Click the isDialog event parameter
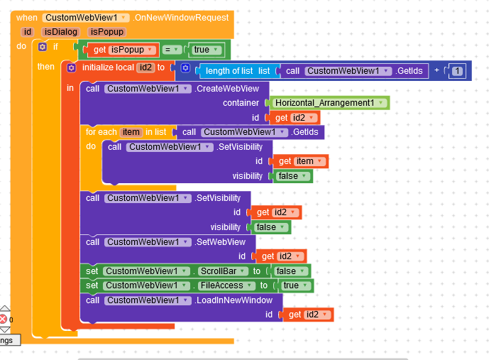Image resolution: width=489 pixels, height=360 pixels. coord(60,31)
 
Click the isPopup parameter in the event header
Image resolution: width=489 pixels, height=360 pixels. coord(106,31)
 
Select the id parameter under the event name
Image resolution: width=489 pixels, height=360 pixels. coord(28,31)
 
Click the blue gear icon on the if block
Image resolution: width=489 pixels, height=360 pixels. coord(42,47)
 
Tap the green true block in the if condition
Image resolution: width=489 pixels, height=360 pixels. coord(204,50)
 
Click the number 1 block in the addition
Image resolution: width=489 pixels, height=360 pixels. coord(458,70)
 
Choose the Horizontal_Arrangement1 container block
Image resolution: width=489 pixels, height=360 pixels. coord(327,103)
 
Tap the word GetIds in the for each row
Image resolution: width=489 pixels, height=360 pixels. coord(307,132)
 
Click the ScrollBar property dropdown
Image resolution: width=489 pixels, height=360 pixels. coord(222,271)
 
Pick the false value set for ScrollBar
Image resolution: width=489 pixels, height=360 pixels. coord(289,271)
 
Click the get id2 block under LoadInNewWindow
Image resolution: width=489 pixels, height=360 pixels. coord(307,315)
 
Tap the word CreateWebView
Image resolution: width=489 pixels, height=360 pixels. coord(231,88)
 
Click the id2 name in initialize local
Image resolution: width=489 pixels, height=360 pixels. coord(145,67)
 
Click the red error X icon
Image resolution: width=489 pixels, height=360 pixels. coord(4,319)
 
